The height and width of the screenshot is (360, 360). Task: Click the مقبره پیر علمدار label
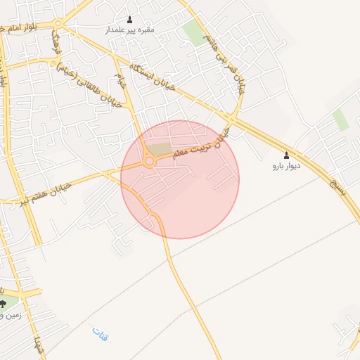[129, 30]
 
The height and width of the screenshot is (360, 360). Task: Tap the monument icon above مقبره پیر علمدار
[129, 19]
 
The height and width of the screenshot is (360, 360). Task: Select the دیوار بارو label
[286, 167]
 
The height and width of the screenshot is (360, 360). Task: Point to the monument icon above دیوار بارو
[286, 155]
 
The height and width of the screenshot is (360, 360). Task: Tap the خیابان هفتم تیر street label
[63, 188]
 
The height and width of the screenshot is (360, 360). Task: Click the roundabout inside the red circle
[149, 162]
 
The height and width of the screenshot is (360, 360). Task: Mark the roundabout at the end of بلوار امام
[58, 24]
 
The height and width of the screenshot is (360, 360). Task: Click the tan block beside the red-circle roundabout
[161, 150]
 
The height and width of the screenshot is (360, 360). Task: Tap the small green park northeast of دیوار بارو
[341, 120]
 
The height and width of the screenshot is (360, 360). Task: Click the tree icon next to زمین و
[4, 304]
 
